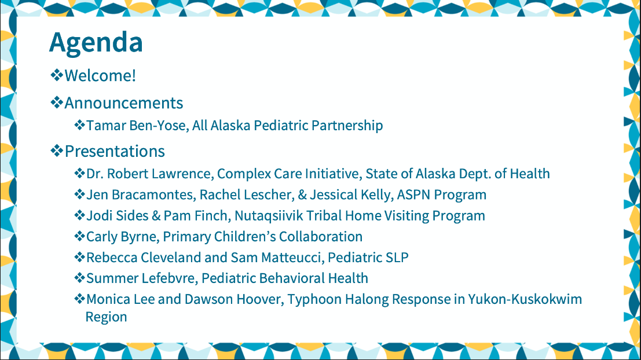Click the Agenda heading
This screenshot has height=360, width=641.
pyautogui.click(x=96, y=42)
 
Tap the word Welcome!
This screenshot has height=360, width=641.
pyautogui.click(x=100, y=76)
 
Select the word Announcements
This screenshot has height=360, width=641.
pyautogui.click(x=124, y=103)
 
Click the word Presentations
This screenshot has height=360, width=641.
pyautogui.click(x=115, y=151)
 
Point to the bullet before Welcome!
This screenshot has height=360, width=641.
pyautogui.click(x=57, y=75)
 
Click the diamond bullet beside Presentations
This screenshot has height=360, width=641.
pyautogui.click(x=57, y=151)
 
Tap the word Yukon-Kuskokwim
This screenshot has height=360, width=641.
pyautogui.click(x=525, y=299)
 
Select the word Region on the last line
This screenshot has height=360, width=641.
pyautogui.click(x=107, y=317)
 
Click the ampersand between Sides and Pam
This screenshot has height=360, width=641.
pyautogui.click(x=156, y=216)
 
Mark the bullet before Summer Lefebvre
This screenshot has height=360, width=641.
pyautogui.click(x=79, y=278)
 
